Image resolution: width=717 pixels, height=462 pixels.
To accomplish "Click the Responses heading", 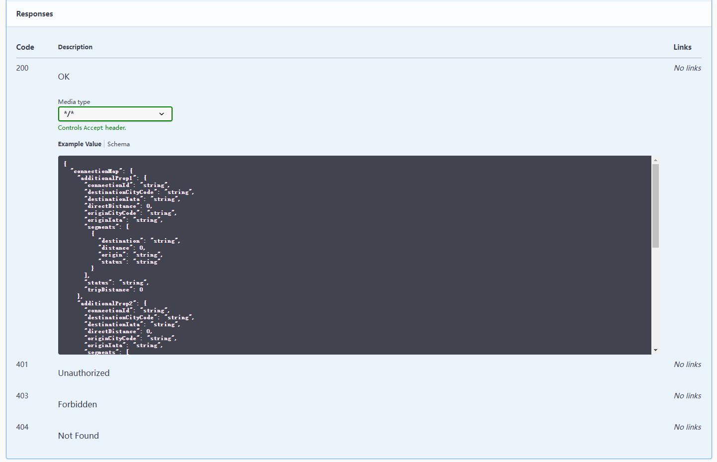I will tap(34, 14).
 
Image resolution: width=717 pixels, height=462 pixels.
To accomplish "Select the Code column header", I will tap(25, 47).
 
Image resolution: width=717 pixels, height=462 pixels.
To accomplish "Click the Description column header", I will tap(75, 47).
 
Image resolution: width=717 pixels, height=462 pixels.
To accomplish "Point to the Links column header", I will tap(682, 47).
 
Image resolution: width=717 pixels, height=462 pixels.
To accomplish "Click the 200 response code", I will tap(22, 68).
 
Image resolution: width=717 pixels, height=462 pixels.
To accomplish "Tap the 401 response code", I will tap(22, 365).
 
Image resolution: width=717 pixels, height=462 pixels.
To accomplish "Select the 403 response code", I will tap(22, 396).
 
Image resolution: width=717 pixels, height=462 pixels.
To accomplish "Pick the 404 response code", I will tap(22, 427).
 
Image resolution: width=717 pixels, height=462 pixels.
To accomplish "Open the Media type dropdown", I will tap(115, 114).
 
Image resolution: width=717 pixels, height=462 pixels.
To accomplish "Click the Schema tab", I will tap(118, 144).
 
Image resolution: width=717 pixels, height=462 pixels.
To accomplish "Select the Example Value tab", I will tap(80, 144).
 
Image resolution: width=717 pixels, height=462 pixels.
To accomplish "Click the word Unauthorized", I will tap(84, 373).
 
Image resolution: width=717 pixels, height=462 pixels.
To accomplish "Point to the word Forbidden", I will tap(77, 404).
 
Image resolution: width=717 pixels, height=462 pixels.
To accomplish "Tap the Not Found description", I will tap(78, 436).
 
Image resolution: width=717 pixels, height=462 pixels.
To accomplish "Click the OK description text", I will tap(64, 77).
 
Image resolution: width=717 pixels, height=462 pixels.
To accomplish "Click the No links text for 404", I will tap(687, 427).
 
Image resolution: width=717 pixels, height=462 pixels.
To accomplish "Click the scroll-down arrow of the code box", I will tap(655, 350).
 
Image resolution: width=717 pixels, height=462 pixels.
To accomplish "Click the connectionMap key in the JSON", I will tap(96, 171).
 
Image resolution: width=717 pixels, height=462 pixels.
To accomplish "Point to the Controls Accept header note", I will tap(92, 128).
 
